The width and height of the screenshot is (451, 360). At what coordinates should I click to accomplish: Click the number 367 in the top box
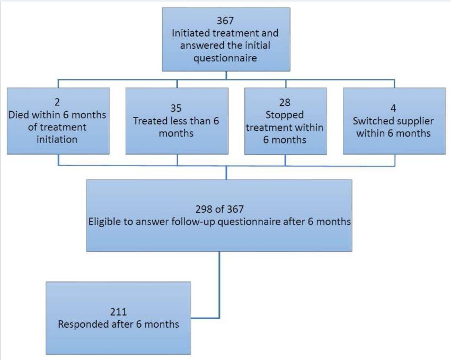click(x=225, y=21)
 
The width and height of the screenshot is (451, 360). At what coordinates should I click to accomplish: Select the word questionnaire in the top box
click(x=225, y=58)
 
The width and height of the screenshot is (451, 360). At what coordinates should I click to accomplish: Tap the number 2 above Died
click(x=57, y=102)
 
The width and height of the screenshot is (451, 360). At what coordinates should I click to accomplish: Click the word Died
click(x=19, y=115)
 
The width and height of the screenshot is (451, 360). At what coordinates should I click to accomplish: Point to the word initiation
click(x=57, y=139)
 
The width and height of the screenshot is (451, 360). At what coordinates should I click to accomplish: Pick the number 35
click(x=176, y=109)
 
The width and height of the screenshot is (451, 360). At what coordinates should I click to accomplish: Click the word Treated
click(x=151, y=121)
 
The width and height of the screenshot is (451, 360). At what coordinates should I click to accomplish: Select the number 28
click(x=285, y=103)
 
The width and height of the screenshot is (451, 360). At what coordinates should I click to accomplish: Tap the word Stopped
click(x=285, y=115)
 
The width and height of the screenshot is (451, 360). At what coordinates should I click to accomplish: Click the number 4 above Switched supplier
click(x=393, y=109)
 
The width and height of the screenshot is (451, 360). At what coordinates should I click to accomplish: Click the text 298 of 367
click(x=219, y=209)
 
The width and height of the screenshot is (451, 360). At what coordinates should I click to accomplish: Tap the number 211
click(x=118, y=312)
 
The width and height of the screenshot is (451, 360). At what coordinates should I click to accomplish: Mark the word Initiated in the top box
click(x=190, y=33)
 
